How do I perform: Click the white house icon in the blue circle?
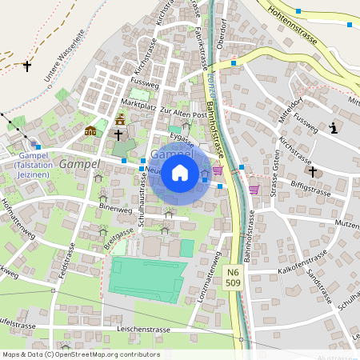point(180,173)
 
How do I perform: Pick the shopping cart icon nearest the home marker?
point(217,171)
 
